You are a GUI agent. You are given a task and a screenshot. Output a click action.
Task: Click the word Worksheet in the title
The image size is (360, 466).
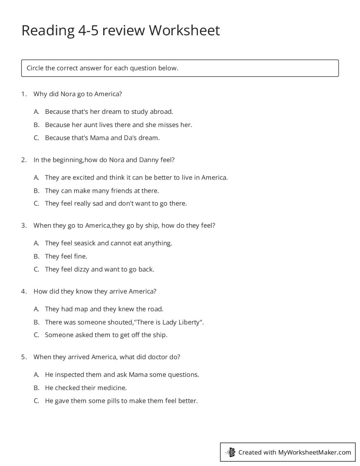click(184, 30)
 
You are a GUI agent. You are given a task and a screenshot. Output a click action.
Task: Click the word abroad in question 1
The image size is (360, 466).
click(162, 112)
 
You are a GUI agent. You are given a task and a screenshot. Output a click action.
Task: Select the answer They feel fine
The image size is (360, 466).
click(66, 256)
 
